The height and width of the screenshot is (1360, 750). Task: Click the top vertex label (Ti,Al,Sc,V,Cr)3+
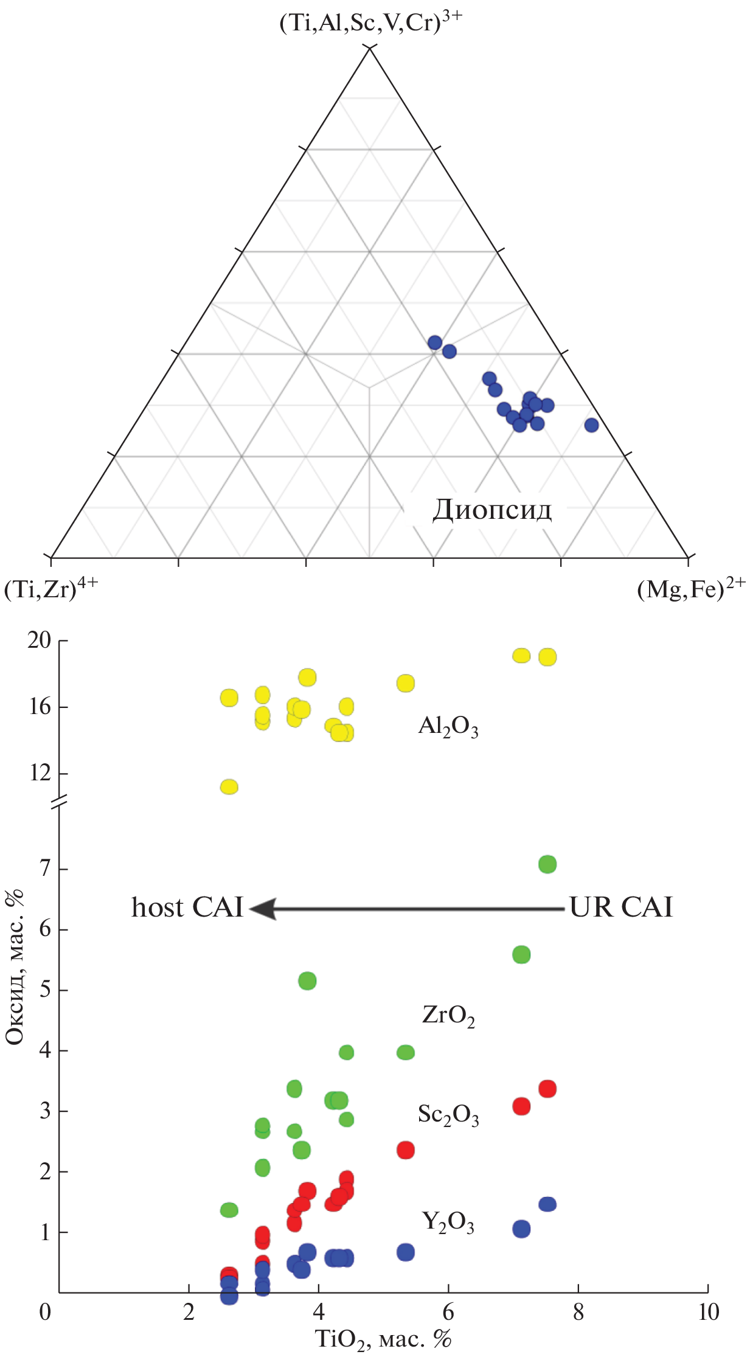coord(370,23)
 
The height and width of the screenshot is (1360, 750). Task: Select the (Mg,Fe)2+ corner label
coord(690,589)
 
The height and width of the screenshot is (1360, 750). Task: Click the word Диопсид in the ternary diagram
coord(492,510)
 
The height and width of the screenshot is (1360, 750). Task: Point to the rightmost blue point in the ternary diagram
coord(591,425)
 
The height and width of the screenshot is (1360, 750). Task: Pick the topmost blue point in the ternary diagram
coord(435,342)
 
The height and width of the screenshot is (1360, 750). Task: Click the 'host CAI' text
coord(187,907)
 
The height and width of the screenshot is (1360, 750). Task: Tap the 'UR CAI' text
coord(621,907)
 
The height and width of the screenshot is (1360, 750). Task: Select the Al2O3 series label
coord(448,726)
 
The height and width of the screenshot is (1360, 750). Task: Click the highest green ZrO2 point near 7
coord(547,864)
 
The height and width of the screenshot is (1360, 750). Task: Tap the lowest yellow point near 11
coord(229,787)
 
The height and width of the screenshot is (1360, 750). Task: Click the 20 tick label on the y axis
coord(39,640)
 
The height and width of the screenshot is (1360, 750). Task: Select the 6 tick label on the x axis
coord(448,1312)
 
